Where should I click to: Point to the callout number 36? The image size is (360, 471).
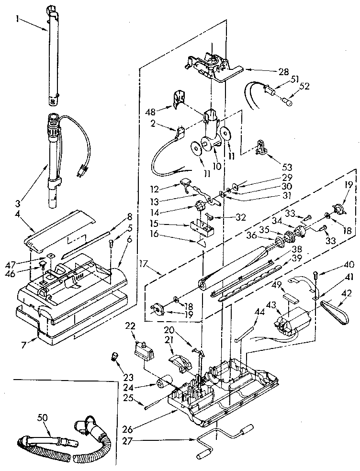(x=265, y=235)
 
